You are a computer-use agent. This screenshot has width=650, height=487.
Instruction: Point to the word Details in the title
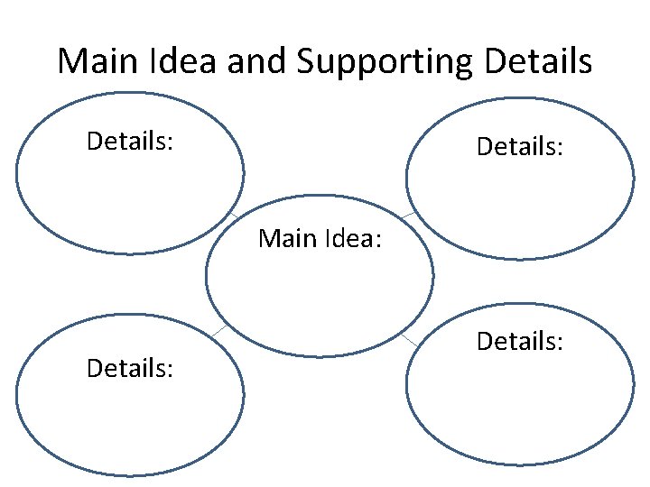point(538,61)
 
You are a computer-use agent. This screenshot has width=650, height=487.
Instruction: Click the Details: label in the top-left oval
point(130,141)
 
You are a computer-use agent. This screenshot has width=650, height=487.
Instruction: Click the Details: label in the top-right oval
point(520,145)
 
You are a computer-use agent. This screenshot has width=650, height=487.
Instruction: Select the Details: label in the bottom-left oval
point(130,367)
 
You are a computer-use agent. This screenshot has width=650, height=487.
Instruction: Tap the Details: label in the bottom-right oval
point(520,342)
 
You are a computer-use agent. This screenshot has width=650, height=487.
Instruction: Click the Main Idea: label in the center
point(320,239)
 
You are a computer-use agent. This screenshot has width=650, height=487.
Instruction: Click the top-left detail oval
point(130,194)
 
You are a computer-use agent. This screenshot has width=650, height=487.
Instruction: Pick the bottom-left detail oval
point(130,415)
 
